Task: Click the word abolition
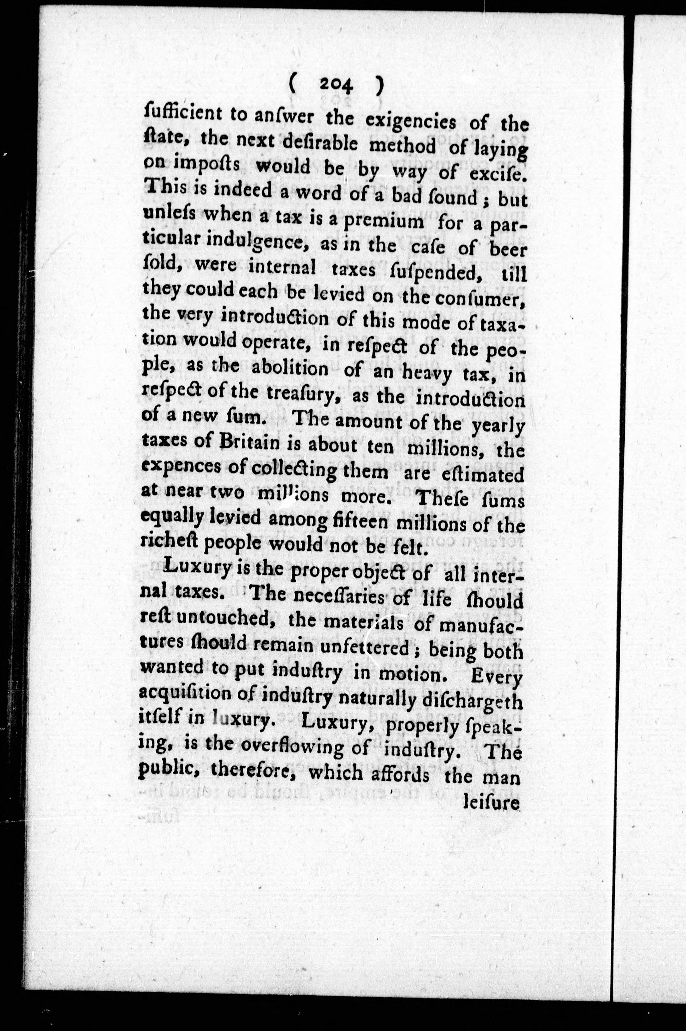pyautogui.click(x=290, y=368)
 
